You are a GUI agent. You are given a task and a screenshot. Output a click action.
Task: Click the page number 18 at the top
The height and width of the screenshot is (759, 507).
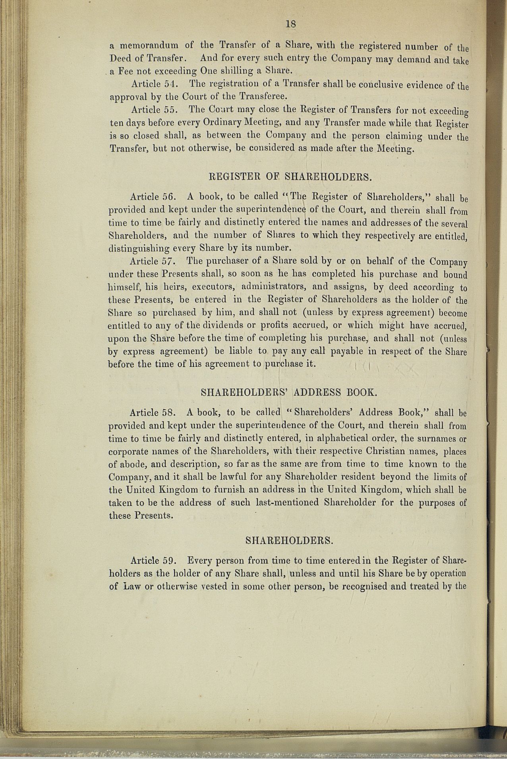291,24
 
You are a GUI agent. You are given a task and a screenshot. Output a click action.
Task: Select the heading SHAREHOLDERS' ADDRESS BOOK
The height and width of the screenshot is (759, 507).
288,393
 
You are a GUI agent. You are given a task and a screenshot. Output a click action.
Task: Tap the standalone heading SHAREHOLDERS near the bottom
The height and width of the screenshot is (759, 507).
289,540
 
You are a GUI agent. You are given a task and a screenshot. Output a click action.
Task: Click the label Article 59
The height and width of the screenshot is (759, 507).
153,561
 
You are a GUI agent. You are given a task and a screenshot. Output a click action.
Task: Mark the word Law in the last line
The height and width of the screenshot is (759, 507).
129,587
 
